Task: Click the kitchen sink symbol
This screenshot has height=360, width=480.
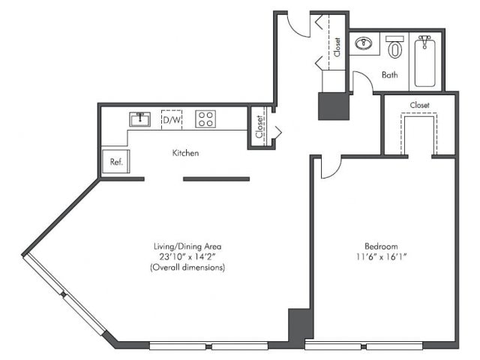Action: click(x=140, y=119)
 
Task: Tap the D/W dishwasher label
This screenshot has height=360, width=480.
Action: click(x=172, y=120)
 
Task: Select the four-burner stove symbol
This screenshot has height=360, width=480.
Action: click(x=205, y=119)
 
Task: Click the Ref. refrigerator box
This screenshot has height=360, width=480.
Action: click(x=116, y=161)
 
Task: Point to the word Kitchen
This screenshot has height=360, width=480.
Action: click(x=185, y=153)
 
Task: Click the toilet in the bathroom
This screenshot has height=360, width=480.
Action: click(x=394, y=46)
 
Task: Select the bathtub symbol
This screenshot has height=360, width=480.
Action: click(x=425, y=61)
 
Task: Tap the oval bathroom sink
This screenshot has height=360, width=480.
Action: click(x=364, y=43)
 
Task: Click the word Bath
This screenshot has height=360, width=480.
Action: click(x=390, y=75)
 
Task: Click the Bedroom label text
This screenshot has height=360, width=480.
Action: click(x=381, y=246)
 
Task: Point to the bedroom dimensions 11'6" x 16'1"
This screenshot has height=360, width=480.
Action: click(x=381, y=256)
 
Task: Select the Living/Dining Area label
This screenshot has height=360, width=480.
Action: click(x=187, y=246)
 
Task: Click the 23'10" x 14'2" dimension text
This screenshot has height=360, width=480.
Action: click(x=187, y=256)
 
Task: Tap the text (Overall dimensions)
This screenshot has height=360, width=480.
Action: click(x=187, y=267)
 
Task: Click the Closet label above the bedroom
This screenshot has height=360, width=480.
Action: click(x=420, y=105)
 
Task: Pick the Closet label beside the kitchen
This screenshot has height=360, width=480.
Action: click(x=259, y=127)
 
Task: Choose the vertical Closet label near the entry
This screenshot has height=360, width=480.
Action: click(x=337, y=47)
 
